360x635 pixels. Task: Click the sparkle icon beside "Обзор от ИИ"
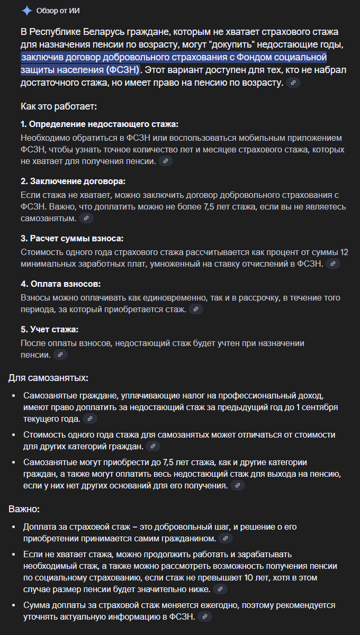pyautogui.click(x=26, y=11)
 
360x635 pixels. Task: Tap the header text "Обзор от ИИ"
pyautogui.click(x=58, y=11)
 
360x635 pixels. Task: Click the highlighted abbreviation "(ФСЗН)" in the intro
pyautogui.click(x=122, y=69)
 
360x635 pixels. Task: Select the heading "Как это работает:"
pyautogui.click(x=59, y=106)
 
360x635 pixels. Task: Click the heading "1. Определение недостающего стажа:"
pyautogui.click(x=100, y=124)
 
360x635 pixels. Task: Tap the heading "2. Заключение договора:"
pyautogui.click(x=73, y=181)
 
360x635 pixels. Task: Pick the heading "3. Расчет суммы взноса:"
pyautogui.click(x=72, y=238)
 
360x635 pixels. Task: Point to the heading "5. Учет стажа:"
pyautogui.click(x=49, y=329)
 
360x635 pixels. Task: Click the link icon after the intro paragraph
pyautogui.click(x=293, y=83)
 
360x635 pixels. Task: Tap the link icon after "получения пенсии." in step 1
pyautogui.click(x=166, y=161)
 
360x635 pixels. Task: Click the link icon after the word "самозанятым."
pyautogui.click(x=86, y=218)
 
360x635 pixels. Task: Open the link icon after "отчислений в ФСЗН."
pyautogui.click(x=332, y=264)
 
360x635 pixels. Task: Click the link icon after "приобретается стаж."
pyautogui.click(x=196, y=309)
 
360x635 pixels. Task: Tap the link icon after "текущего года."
pyautogui.click(x=91, y=419)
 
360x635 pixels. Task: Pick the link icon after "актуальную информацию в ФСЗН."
pyautogui.click(x=205, y=617)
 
